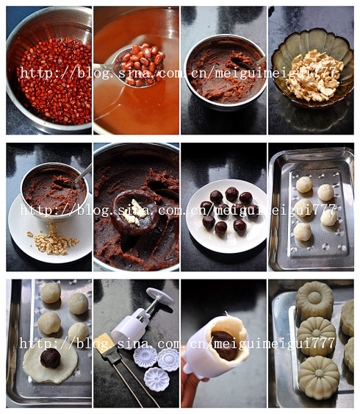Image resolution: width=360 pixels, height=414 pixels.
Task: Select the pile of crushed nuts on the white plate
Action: click(53, 240)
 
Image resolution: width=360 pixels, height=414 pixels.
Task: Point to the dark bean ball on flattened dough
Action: click(51, 358)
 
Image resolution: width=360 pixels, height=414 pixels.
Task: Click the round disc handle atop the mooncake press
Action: click(160, 296)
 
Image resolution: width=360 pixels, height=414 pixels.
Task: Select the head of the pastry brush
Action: click(104, 343)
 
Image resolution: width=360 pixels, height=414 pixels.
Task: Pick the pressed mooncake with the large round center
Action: click(314, 299)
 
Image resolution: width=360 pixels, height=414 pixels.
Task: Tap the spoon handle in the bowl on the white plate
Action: click(83, 173)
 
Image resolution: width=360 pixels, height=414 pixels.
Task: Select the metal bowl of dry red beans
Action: click(49, 69)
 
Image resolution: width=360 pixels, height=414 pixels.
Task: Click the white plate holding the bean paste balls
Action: click(226, 216)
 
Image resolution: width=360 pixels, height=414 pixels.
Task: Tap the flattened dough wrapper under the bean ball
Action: click(50, 360)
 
